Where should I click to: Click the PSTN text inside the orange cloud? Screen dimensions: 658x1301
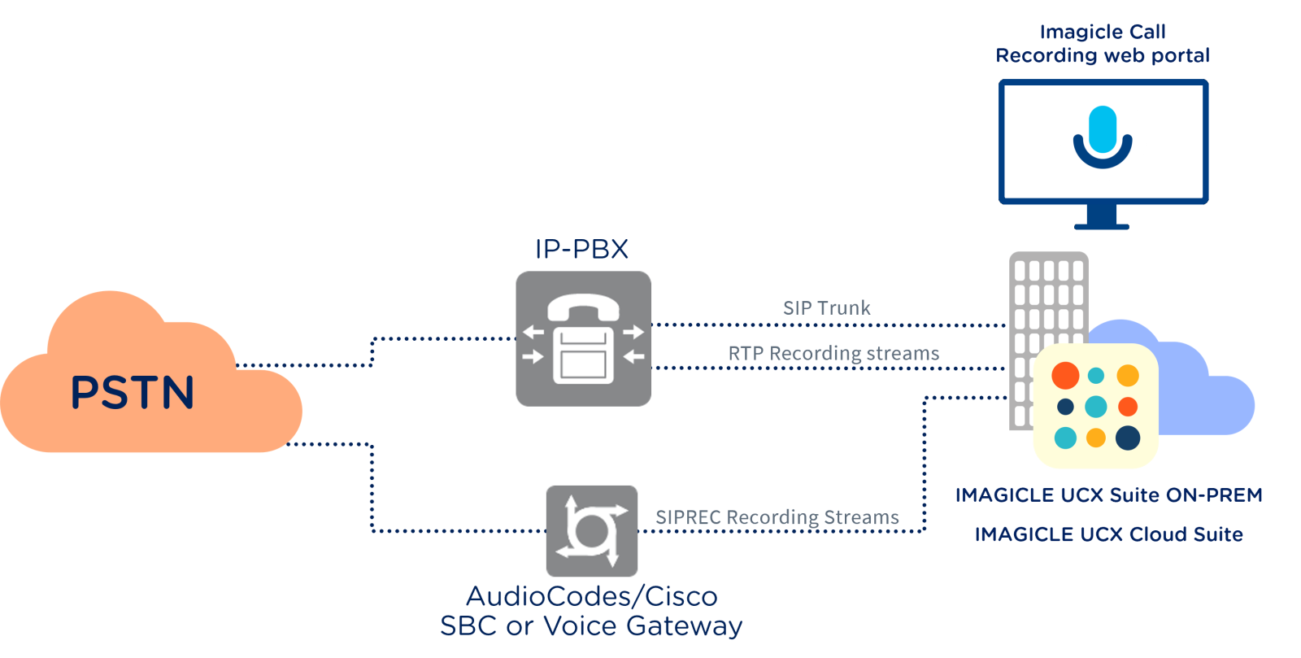tap(133, 392)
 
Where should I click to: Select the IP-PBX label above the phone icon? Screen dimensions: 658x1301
tap(581, 249)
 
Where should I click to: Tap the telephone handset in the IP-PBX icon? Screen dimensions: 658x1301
tap(583, 307)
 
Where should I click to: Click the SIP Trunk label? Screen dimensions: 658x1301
tap(826, 308)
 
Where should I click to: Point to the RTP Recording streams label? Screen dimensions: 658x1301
tap(833, 354)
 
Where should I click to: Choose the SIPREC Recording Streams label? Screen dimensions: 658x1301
tap(777, 517)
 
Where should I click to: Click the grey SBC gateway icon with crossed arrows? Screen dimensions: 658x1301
tap(591, 530)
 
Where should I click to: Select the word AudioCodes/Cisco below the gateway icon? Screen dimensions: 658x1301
tap(591, 596)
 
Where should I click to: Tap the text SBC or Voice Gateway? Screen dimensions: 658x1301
tap(591, 626)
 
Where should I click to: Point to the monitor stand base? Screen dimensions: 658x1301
tap(1102, 225)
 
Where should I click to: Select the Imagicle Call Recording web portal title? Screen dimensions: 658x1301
tap(1103, 44)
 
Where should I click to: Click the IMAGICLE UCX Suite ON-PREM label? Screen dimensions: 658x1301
tap(1108, 495)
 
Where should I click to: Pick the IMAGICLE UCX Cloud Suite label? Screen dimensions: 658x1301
tap(1108, 534)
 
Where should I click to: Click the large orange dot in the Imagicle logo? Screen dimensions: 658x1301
tap(1065, 375)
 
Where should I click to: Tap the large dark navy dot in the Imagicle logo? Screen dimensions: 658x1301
tap(1128, 438)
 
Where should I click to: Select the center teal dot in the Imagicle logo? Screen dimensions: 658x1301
tap(1096, 406)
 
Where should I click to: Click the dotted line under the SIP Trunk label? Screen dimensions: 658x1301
tap(829, 325)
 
